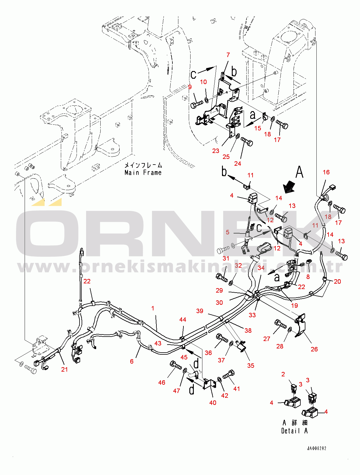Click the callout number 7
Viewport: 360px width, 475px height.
(x=228, y=55)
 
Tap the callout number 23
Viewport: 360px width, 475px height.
(x=216, y=151)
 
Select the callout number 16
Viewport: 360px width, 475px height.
(x=326, y=172)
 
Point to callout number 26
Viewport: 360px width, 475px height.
(x=314, y=349)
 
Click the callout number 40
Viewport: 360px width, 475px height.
(x=213, y=403)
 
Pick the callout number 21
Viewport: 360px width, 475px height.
(x=64, y=370)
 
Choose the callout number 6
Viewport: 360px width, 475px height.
(x=132, y=362)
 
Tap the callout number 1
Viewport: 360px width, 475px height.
(x=153, y=308)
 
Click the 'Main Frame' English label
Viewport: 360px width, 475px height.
(x=143, y=173)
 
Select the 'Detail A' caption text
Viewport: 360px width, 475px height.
(x=294, y=431)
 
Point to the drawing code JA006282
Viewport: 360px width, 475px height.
(x=317, y=449)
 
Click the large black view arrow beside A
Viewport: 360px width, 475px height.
(x=288, y=187)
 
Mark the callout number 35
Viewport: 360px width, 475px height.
(x=251, y=366)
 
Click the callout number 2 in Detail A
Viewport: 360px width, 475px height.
(x=283, y=374)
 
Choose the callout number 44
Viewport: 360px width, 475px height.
(x=183, y=320)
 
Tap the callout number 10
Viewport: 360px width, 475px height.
(x=203, y=82)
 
